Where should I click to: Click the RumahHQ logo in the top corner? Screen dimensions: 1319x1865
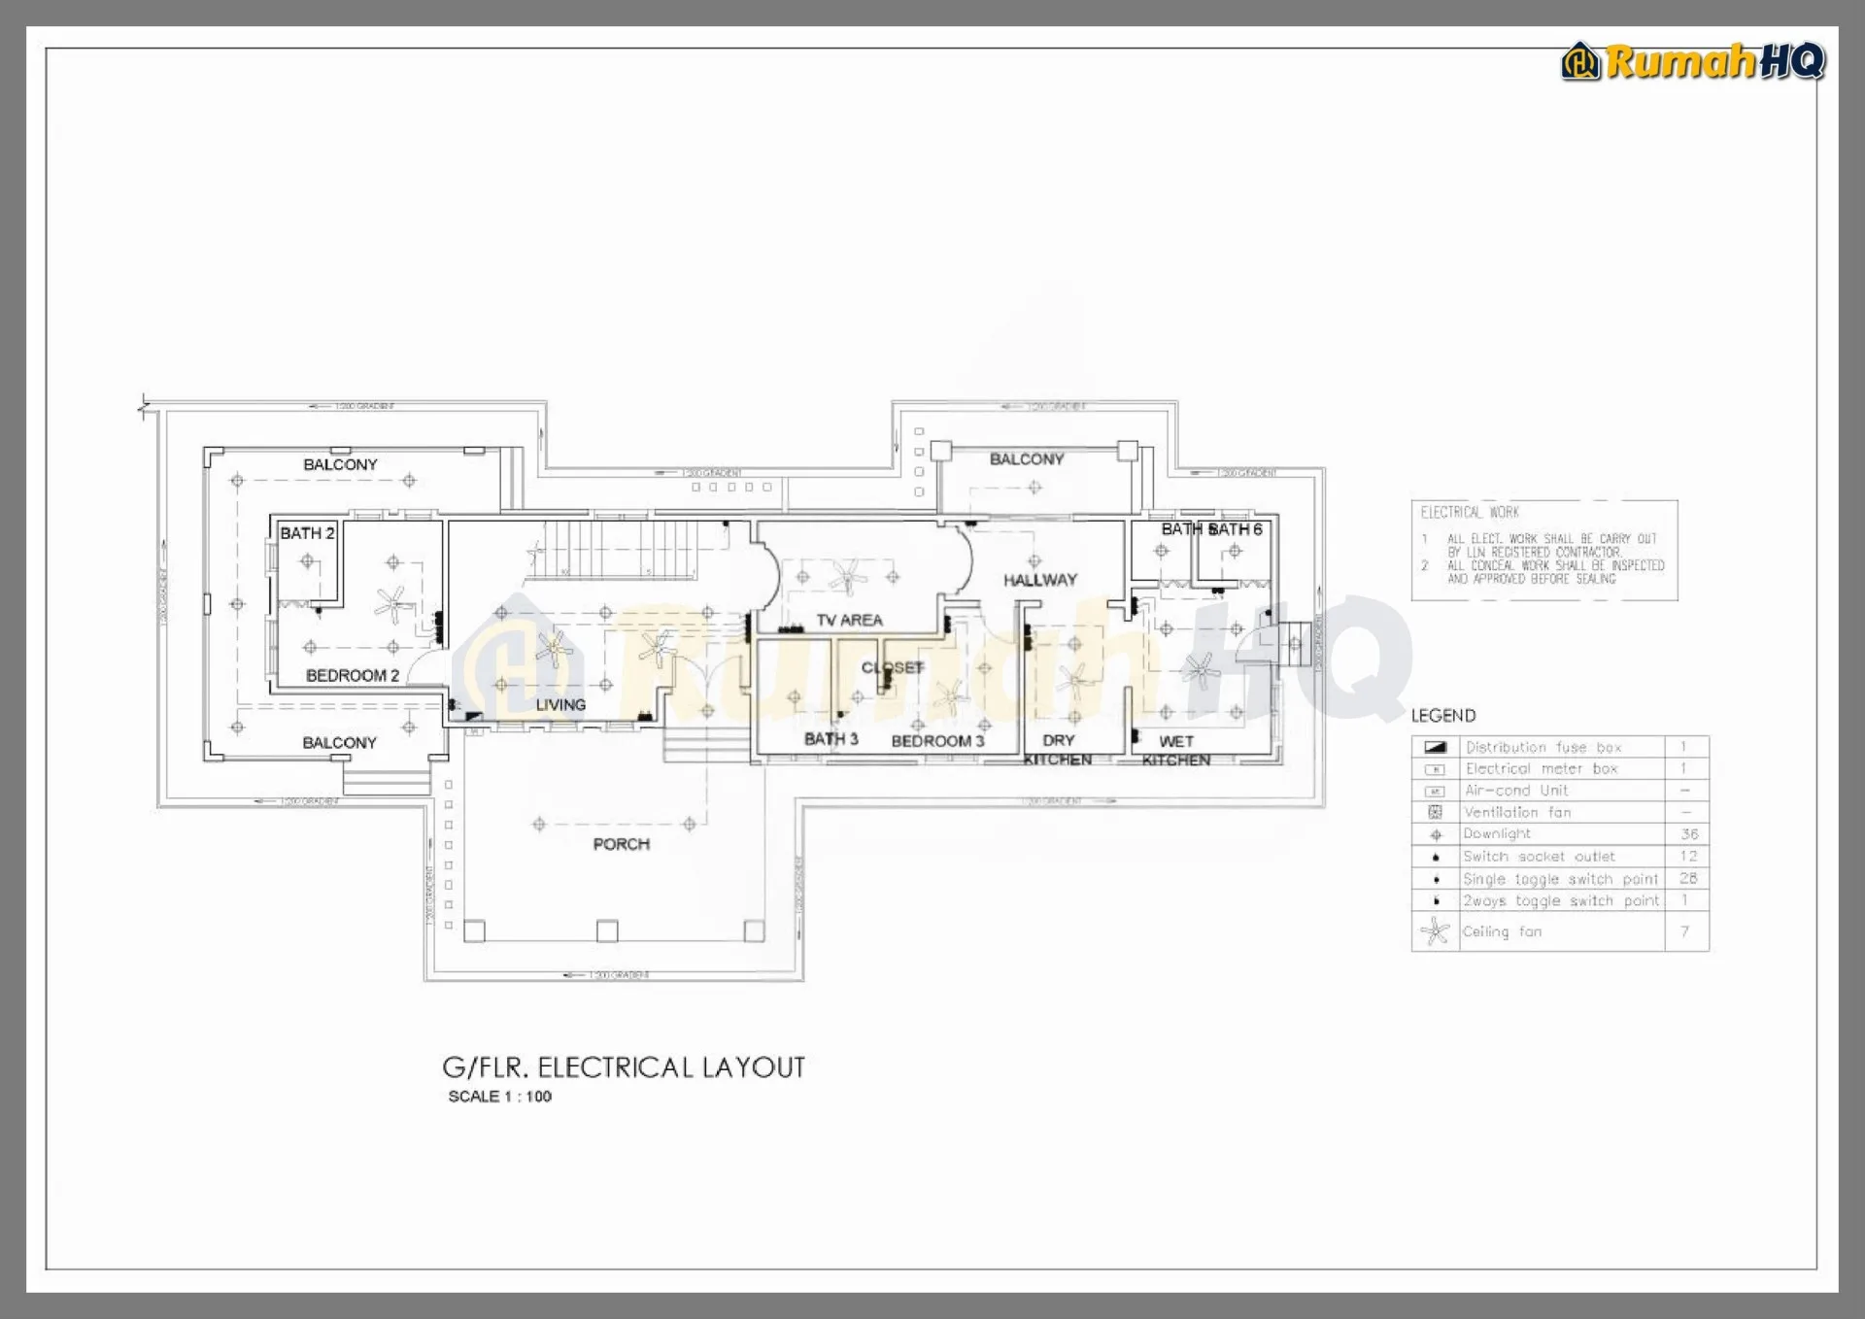[1693, 62]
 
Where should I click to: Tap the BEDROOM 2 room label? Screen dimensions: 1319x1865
[352, 675]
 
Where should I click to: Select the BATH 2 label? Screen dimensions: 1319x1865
[307, 533]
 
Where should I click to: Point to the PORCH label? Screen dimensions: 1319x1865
[621, 844]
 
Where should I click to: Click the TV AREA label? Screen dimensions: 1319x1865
[849, 620]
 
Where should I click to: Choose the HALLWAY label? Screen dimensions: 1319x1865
[1039, 580]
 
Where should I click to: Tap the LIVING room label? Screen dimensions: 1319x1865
[560, 704]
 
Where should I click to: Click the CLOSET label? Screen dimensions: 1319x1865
[892, 667]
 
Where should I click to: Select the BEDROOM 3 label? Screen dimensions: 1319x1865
[937, 741]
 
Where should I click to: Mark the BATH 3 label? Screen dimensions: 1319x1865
[831, 739]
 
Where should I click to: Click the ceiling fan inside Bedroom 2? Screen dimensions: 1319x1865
[393, 604]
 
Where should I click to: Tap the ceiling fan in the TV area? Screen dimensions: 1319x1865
[847, 576]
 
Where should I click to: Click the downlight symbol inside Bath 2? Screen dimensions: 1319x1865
[308, 561]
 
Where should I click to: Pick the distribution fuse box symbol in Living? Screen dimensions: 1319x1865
[474, 717]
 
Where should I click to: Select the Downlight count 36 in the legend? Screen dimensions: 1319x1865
[1689, 834]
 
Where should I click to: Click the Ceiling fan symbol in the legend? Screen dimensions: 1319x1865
[1435, 932]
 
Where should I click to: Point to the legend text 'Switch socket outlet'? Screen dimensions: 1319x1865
[1539, 857]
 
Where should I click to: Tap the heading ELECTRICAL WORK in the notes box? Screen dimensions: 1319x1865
[1469, 513]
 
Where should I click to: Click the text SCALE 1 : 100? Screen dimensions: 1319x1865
[499, 1097]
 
